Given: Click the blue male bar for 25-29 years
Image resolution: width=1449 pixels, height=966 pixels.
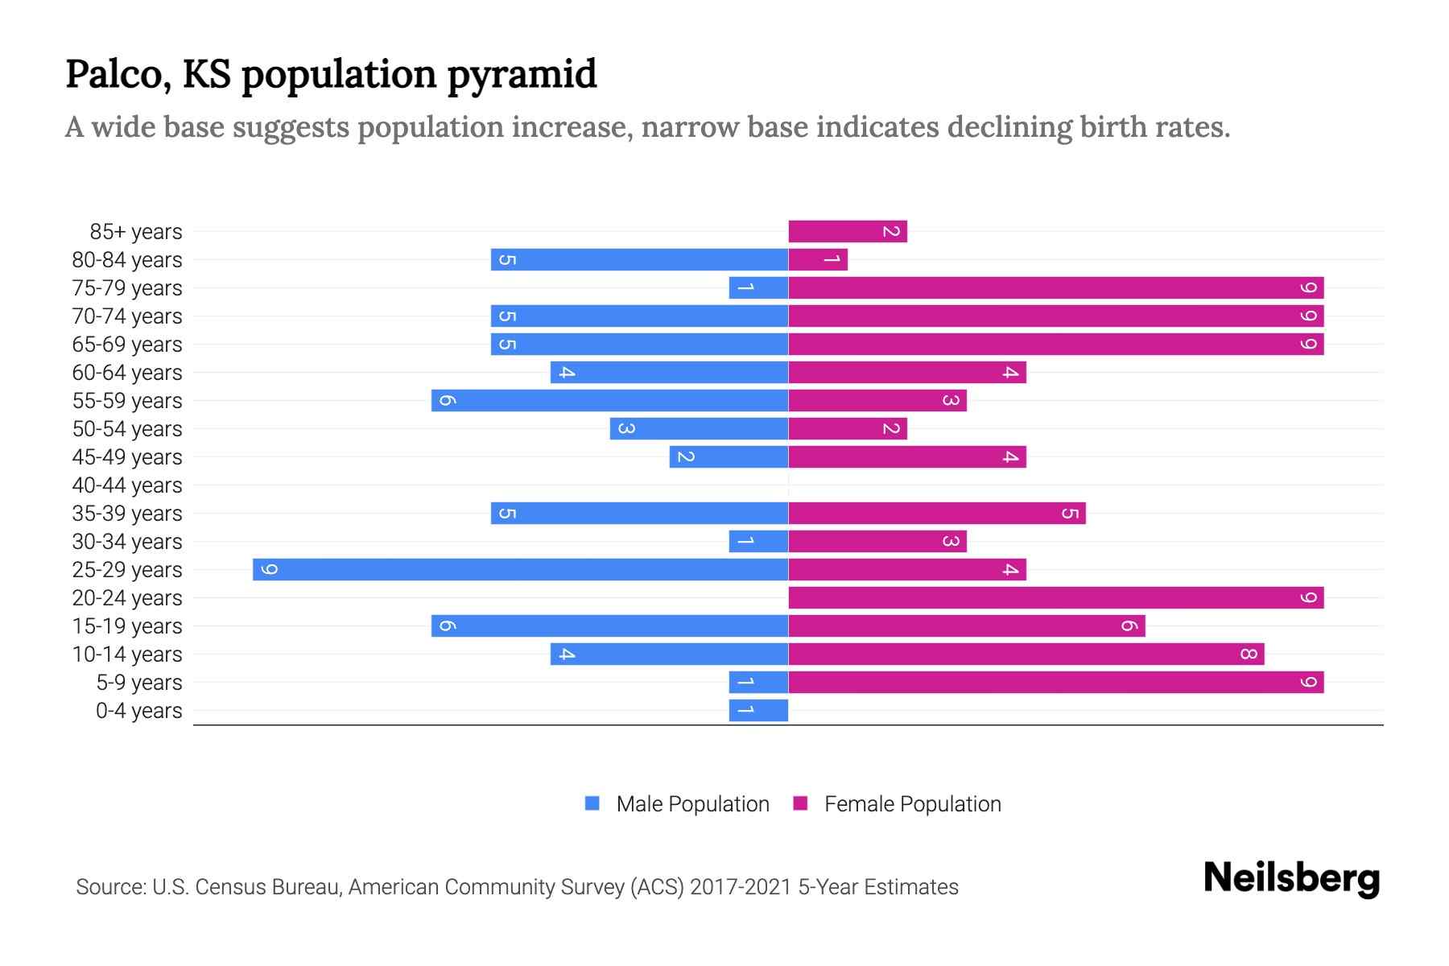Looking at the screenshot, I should pos(520,570).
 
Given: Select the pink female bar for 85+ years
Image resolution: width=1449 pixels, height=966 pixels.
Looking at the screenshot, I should pos(847,232).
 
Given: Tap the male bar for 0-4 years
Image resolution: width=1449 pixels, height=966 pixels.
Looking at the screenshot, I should pos(758,711).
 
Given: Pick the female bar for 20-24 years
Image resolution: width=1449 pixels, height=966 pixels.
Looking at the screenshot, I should pos(1055,598).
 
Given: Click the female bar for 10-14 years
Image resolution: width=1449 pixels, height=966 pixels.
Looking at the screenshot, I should pos(1026,654).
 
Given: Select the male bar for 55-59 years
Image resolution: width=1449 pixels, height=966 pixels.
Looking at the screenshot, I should pos(609,401).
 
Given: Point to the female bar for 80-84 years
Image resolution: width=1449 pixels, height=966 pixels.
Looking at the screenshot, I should pos(817,260).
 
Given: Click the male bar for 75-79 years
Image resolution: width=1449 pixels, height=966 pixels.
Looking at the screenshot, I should pos(758,288).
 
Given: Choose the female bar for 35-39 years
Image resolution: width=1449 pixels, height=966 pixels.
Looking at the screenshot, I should pos(936,514).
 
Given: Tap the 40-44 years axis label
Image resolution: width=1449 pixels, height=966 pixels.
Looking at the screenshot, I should pos(127,485).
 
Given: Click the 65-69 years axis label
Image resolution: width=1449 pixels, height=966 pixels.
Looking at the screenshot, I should pos(127,345).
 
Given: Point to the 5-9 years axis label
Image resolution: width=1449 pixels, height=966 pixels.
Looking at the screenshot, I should pos(138,683).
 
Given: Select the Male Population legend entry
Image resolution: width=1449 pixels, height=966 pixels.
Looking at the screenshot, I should pos(676,804).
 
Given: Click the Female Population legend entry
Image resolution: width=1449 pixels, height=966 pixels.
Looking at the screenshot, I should pos(897,804).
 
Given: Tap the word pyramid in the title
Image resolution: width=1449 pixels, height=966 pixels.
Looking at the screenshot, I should pos(522,75).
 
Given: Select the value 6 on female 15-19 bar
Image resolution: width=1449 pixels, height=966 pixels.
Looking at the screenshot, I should pos(1129,626).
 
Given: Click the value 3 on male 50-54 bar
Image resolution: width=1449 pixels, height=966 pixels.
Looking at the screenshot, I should pos(626,429).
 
